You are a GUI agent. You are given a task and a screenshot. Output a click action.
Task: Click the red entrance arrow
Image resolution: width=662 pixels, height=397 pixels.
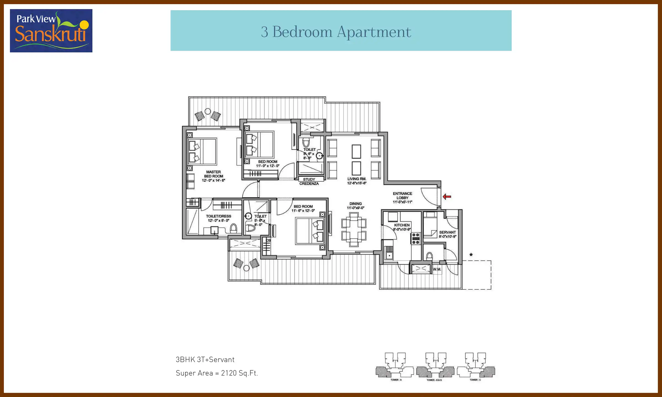point(447,197)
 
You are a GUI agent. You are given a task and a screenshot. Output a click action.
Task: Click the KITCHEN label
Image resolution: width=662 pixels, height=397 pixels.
point(402,225)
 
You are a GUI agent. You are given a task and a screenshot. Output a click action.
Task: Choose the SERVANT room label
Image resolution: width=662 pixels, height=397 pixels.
point(447,232)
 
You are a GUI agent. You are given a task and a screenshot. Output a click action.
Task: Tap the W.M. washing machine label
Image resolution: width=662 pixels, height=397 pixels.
point(437,269)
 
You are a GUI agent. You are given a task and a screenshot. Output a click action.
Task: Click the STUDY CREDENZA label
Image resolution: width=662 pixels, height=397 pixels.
point(309,181)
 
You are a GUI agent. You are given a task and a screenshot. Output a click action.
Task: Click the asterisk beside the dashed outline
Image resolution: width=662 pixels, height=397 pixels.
point(471,255)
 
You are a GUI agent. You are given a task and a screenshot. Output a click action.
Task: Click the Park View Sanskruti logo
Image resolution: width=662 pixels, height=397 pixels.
point(51,31)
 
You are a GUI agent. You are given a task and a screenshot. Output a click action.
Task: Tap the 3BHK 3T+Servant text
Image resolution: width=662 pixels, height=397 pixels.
point(205,360)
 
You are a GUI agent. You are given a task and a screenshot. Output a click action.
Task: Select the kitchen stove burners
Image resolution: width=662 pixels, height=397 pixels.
point(416,238)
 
